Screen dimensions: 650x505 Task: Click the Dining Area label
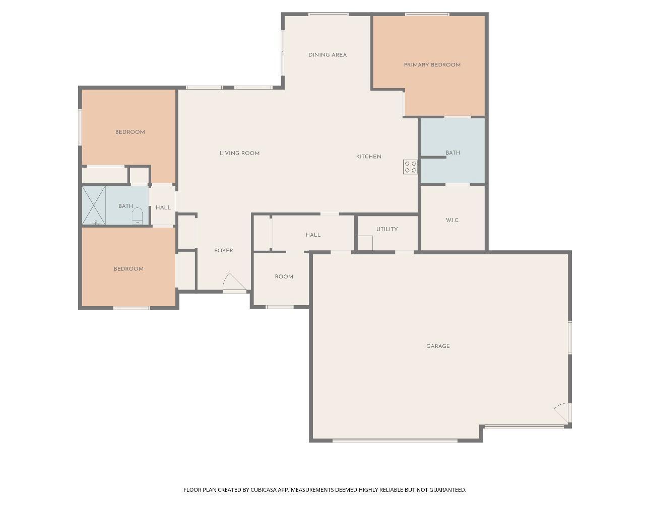pos(327,55)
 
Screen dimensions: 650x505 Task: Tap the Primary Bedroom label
pos(432,65)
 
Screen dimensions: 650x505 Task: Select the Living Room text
pos(239,153)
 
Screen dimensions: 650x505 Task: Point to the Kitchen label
pos(368,157)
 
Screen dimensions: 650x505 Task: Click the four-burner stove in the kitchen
pos(410,167)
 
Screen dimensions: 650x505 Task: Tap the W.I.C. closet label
pos(452,220)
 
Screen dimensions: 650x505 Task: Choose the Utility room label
pos(387,229)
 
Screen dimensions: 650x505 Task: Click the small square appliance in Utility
pos(365,243)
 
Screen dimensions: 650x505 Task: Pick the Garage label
pos(438,346)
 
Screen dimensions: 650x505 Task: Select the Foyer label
pos(223,250)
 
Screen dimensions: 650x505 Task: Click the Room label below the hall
pos(284,277)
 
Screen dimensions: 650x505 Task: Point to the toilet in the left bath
pos(137,216)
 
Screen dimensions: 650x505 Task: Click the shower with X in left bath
pos(94,205)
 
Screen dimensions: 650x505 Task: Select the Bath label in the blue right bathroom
pos(452,153)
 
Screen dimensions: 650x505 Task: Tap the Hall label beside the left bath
pos(163,207)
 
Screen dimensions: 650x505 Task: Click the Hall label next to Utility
pos(313,235)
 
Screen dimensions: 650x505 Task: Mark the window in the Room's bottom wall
pos(280,307)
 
